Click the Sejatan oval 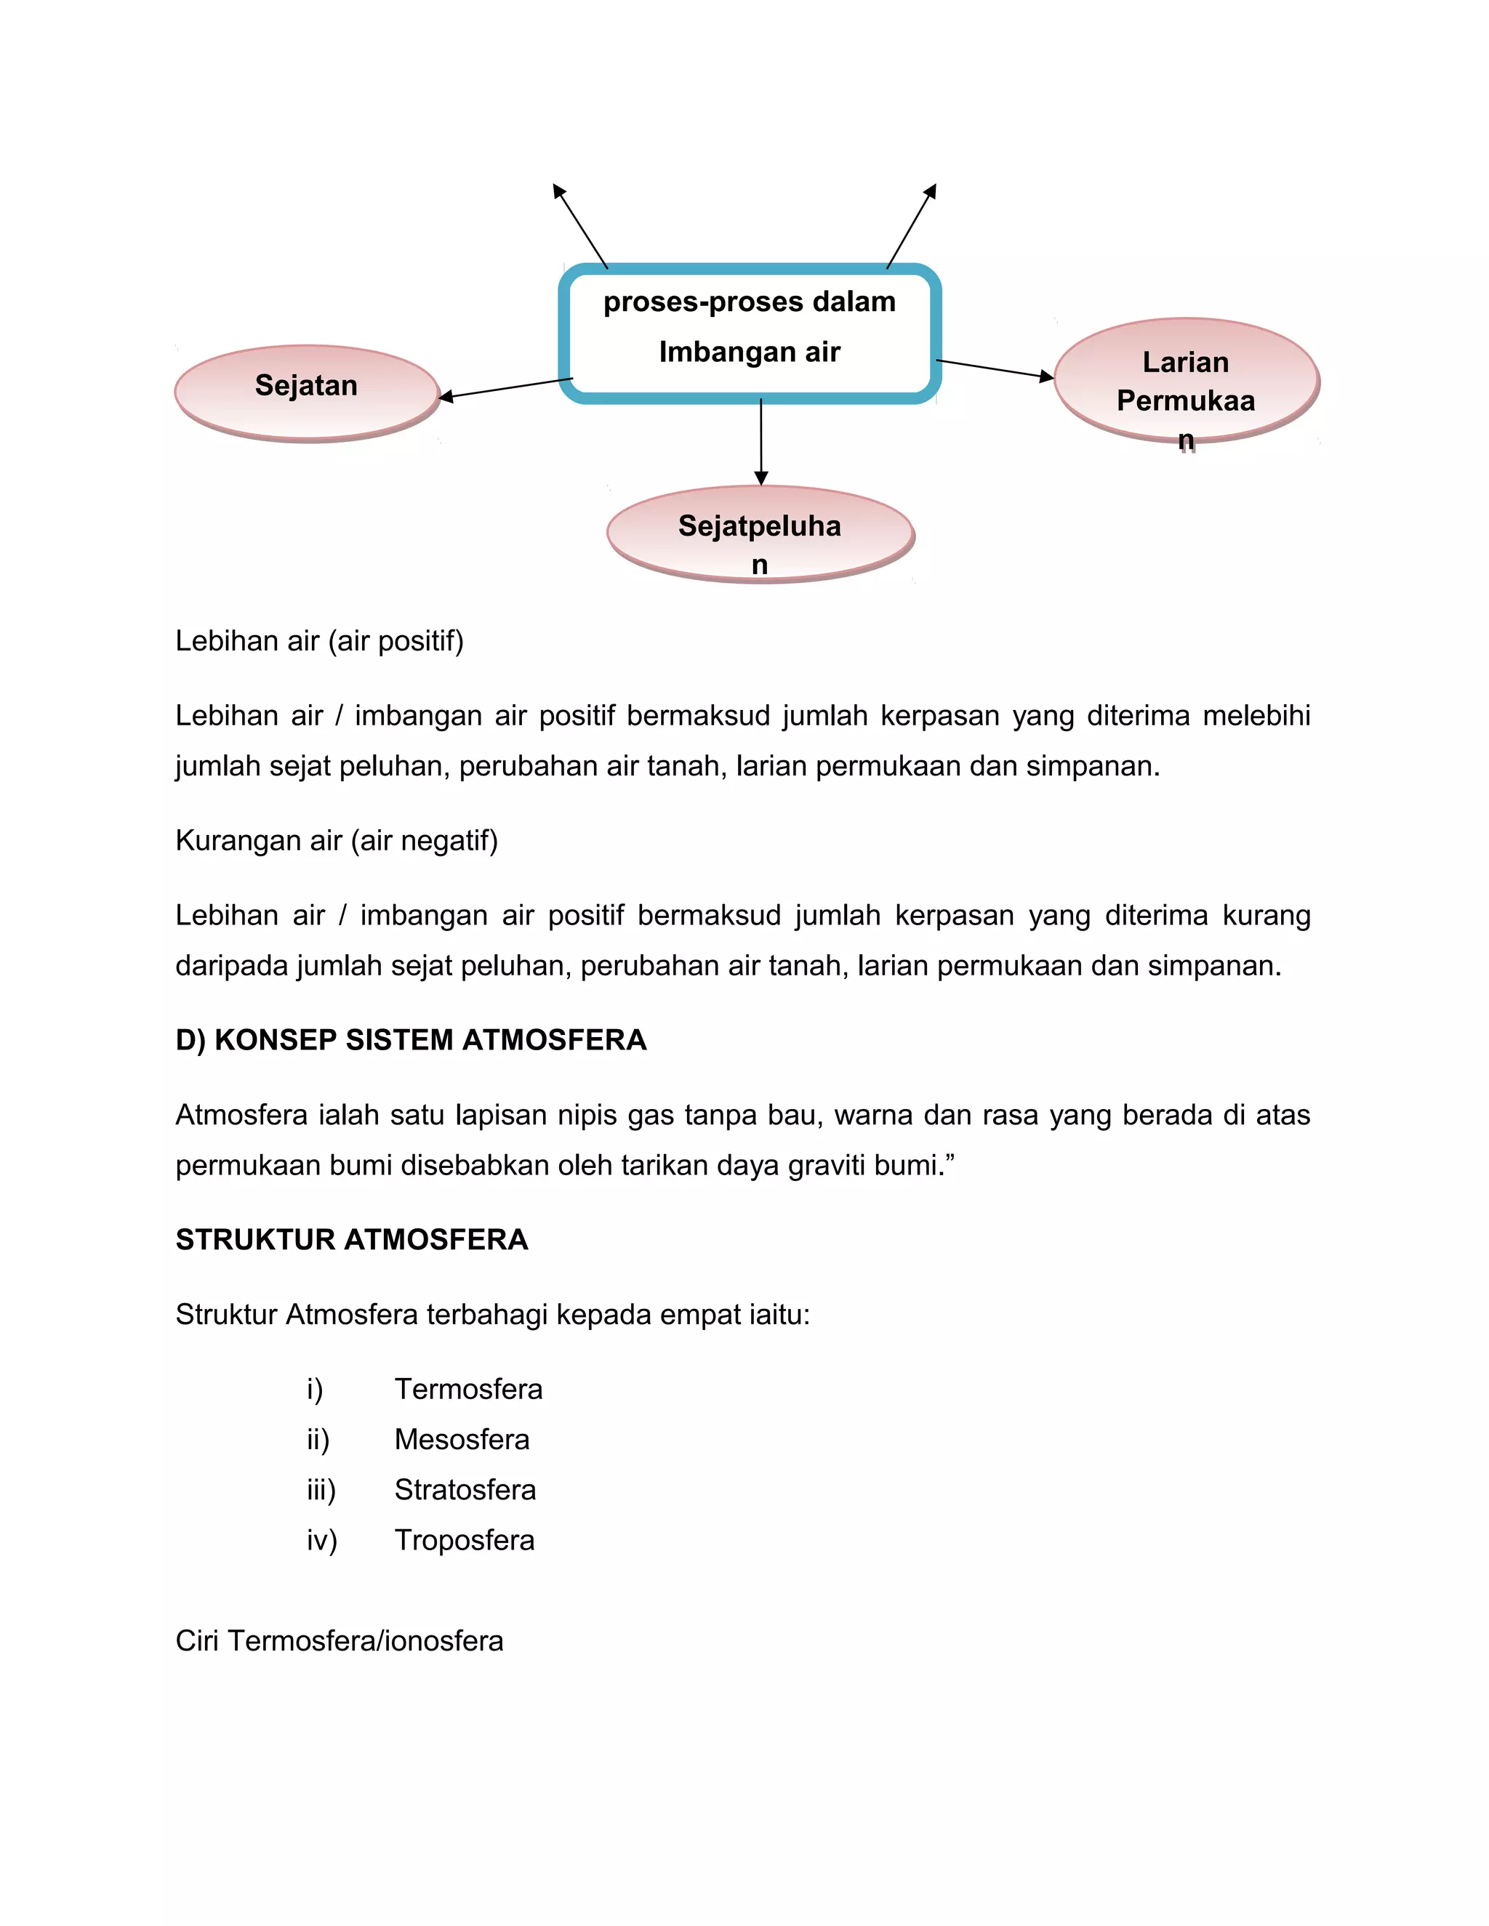(306, 392)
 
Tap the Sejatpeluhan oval (760, 533)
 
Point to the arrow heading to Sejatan (506, 388)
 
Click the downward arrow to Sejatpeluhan (761, 441)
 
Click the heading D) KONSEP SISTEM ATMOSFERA (411, 1041)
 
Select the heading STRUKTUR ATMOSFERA (352, 1240)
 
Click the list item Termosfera (468, 1389)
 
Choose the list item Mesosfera (462, 1439)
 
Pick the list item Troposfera (464, 1540)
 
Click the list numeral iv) (322, 1540)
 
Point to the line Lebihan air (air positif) (319, 641)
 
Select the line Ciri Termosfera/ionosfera (340, 1641)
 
